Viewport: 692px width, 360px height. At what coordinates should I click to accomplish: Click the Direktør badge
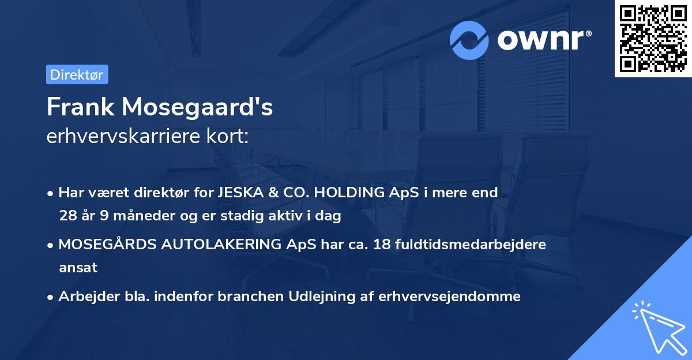[77, 74]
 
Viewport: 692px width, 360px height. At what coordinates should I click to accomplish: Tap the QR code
[653, 39]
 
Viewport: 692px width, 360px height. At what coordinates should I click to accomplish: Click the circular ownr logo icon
[469, 40]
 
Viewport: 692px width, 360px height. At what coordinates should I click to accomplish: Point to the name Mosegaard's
[196, 107]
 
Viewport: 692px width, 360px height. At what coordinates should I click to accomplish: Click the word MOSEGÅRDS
[103, 244]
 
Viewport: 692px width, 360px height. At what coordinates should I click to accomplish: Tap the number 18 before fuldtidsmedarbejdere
[382, 244]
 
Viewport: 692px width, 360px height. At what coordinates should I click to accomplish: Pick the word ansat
[78, 268]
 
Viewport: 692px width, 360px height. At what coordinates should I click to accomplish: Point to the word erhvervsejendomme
[450, 297]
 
